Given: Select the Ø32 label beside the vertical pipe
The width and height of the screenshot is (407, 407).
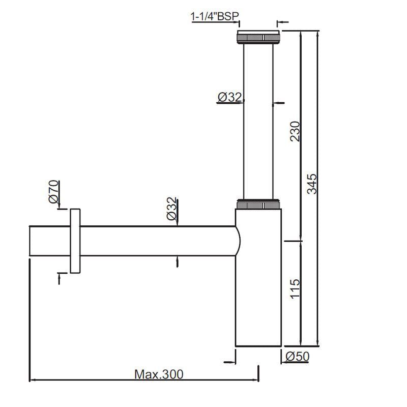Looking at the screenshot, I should coord(229,97).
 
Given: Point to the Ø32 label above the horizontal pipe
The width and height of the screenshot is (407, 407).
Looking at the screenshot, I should coord(172,209).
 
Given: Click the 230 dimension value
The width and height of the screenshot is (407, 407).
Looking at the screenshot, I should coord(295,132).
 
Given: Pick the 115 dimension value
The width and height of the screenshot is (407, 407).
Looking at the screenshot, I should coord(295,289).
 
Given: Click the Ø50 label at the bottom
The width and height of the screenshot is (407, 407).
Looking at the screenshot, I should coord(297,357).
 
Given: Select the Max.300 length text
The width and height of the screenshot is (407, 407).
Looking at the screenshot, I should coord(159,374).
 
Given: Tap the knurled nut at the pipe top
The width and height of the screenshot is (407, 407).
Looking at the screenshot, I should coord(258,38).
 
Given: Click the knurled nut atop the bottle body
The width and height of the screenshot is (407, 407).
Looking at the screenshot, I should coord(258,205).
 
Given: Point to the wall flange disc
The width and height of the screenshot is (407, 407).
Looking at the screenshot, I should coord(75,241).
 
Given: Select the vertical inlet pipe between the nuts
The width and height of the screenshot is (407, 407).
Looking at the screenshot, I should coord(258,122).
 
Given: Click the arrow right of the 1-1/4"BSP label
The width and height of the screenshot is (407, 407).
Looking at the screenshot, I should coord(280,22).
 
